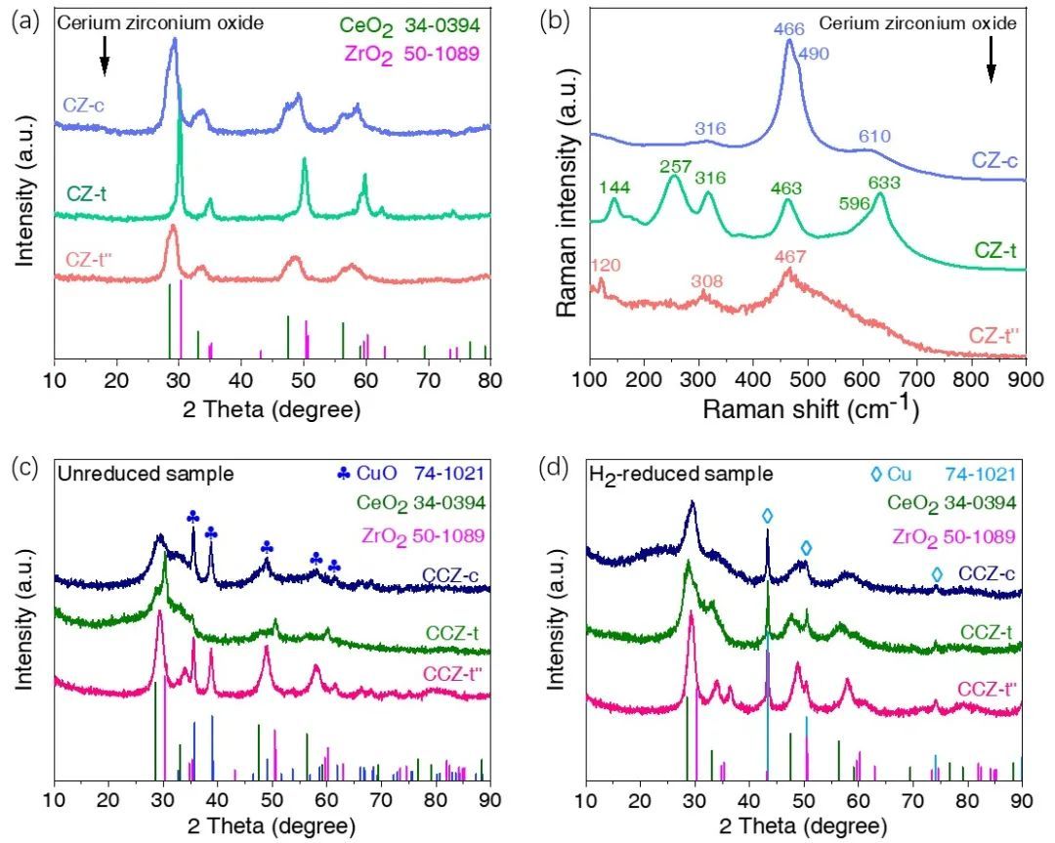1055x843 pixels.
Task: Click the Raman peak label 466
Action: tap(787, 30)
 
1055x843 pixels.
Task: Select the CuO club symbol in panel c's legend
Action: tap(344, 473)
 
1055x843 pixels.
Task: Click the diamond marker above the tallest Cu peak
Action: tap(767, 515)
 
